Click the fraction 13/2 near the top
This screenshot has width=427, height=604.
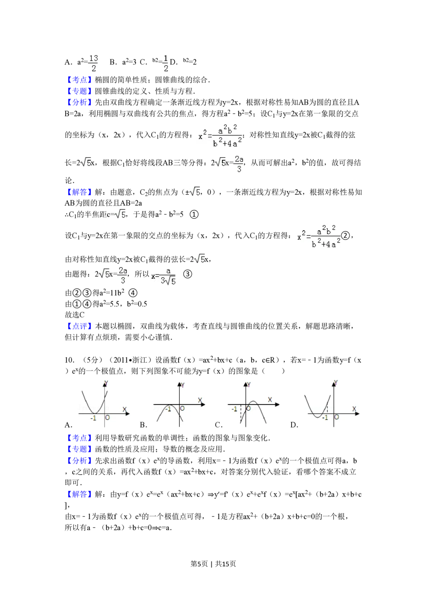pyautogui.click(x=93, y=63)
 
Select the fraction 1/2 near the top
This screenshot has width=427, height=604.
pyautogui.click(x=166, y=63)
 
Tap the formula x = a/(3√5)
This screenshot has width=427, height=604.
pyautogui.click(x=163, y=276)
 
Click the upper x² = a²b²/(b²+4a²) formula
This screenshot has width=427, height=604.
pyautogui.click(x=219, y=137)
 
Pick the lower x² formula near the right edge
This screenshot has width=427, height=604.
pyautogui.click(x=318, y=236)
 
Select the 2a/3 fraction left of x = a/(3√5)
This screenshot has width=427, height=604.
pyautogui.click(x=123, y=275)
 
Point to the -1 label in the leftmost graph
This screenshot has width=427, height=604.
pyautogui.click(x=93, y=418)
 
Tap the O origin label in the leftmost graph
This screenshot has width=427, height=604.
pyautogui.click(x=107, y=417)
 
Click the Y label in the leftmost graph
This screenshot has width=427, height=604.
pyautogui.click(x=106, y=383)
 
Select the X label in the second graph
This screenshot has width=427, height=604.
pyautogui.click(x=200, y=400)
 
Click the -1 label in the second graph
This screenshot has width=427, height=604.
pyautogui.click(x=168, y=409)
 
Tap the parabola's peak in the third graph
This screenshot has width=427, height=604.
pyautogui.click(x=253, y=402)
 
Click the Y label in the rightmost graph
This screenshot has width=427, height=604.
pyautogui.click(x=336, y=383)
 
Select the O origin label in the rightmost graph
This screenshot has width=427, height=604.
pyautogui.click(x=336, y=417)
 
